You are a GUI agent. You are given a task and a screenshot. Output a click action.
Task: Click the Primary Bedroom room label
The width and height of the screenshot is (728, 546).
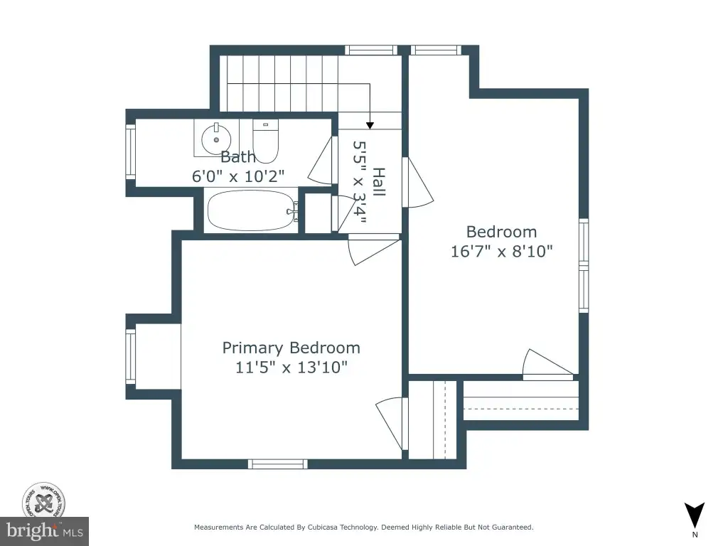point(291,348)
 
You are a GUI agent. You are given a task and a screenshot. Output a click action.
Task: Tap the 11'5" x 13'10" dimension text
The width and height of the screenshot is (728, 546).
point(291,368)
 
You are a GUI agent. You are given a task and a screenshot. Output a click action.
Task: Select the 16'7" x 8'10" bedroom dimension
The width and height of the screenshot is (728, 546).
point(502,251)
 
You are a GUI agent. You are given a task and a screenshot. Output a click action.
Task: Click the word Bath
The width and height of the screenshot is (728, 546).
point(237,157)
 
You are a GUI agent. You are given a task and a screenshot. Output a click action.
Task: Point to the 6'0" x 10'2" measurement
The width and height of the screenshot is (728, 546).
point(237,176)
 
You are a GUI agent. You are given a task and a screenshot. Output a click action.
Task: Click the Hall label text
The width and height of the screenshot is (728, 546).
point(379,182)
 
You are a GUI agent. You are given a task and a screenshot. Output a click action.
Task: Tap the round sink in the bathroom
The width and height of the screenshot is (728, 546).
point(216,138)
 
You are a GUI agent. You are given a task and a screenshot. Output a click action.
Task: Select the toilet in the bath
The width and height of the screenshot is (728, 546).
point(266,141)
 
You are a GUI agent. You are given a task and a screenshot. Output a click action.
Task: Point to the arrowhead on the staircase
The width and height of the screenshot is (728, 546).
point(370,125)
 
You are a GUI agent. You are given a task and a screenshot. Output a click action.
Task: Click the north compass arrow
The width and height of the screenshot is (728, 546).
point(695,515)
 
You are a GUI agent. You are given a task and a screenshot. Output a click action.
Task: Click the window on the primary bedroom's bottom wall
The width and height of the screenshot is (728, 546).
point(278,464)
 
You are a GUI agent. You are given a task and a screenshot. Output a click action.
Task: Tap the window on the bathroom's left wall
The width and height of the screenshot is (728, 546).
point(131,151)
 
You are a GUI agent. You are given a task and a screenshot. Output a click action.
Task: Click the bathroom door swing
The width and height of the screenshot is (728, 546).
point(321,161)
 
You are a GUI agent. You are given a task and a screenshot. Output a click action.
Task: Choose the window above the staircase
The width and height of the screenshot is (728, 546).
point(371,50)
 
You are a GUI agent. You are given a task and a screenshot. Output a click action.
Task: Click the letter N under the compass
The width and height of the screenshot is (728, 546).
point(695,535)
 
